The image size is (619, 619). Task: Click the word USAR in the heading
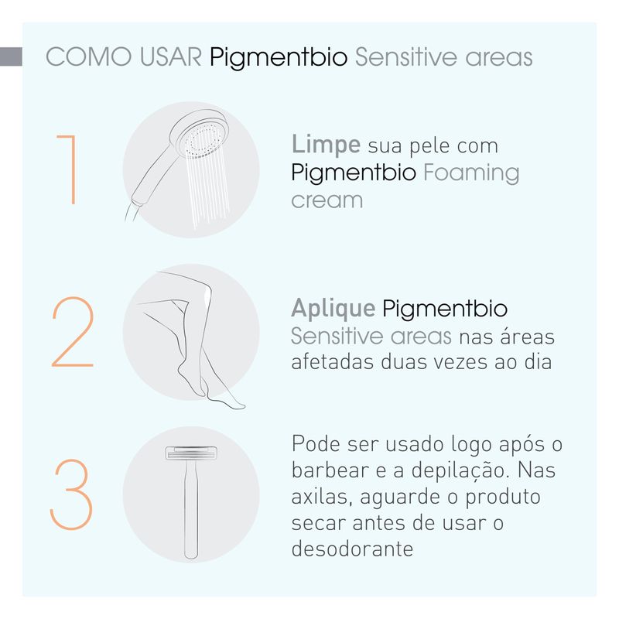tap(170, 56)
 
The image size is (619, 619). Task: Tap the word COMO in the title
tap(89, 56)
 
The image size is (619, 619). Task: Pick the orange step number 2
tap(73, 332)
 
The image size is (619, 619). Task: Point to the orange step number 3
tap(71, 494)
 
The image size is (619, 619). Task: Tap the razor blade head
tap(191, 453)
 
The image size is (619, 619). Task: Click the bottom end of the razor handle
tap(191, 557)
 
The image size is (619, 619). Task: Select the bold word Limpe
tap(326, 145)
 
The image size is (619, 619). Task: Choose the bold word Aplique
tap(333, 309)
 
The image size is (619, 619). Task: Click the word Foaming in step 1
tap(471, 173)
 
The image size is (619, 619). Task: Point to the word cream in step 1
tap(327, 200)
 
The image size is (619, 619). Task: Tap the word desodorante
tap(352, 549)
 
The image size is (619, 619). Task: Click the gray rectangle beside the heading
tap(11, 56)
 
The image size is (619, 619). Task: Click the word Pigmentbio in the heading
tap(279, 58)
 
